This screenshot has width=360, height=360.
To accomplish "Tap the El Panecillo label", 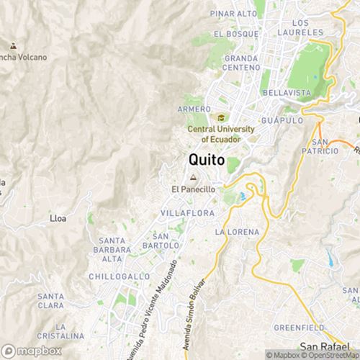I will click(x=194, y=189).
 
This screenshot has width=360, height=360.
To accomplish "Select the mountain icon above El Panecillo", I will click(x=192, y=177).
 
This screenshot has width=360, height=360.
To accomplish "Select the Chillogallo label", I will click(x=120, y=276).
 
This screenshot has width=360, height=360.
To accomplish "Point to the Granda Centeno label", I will click(x=241, y=63).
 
